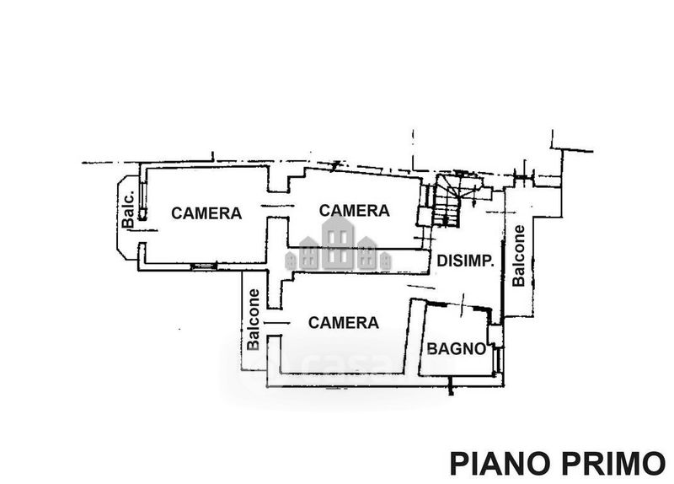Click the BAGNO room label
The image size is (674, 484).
coord(456,348)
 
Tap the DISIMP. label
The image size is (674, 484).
coord(465,261)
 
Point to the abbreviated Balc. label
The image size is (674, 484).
coord(128,209)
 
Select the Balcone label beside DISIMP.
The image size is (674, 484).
coord(519,256)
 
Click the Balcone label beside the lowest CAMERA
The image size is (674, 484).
coord(254,320)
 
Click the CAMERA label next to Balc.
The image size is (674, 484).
coord(206,213)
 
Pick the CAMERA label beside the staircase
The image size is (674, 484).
coord(354,210)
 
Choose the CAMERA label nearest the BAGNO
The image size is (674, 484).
coord(344,323)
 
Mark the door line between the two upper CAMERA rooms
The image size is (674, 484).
coord(278,206)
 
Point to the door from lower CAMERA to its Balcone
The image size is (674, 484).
coord(276,322)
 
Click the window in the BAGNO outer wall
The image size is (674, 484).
coord(499,360)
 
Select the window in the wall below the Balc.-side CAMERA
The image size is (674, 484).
coord(204,266)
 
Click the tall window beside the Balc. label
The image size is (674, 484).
coord(142,199)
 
